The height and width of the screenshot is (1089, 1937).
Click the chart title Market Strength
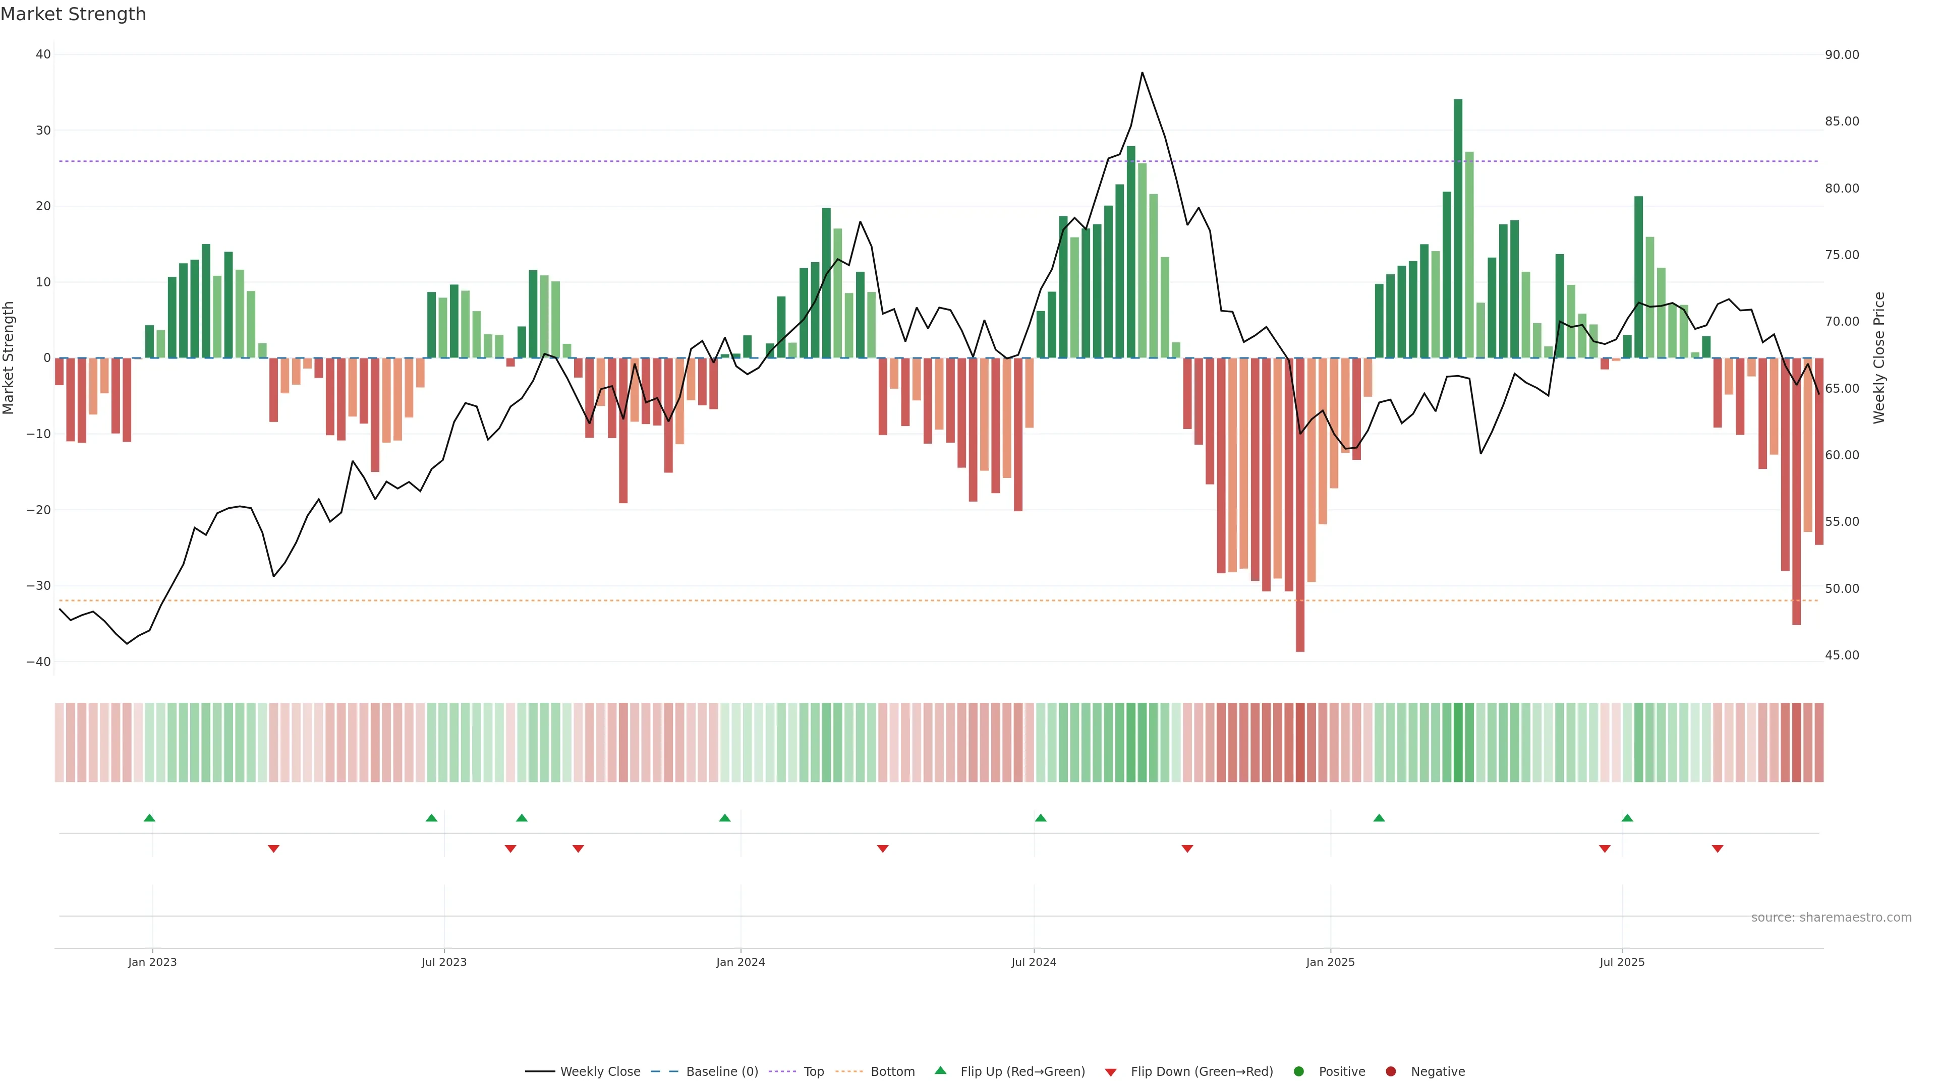(x=73, y=14)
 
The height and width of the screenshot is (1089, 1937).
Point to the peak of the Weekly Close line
(x=1142, y=73)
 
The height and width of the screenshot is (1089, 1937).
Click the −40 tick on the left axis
(x=38, y=662)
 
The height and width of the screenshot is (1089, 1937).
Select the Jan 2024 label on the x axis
(x=740, y=962)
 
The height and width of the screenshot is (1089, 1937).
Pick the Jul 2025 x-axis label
(x=1622, y=962)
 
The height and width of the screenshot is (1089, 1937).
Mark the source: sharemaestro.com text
(x=1831, y=918)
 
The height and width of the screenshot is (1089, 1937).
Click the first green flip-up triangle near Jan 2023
(x=150, y=818)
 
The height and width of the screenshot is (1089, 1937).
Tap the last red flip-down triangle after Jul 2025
(x=1718, y=849)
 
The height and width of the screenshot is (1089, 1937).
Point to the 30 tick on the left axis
(x=43, y=131)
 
